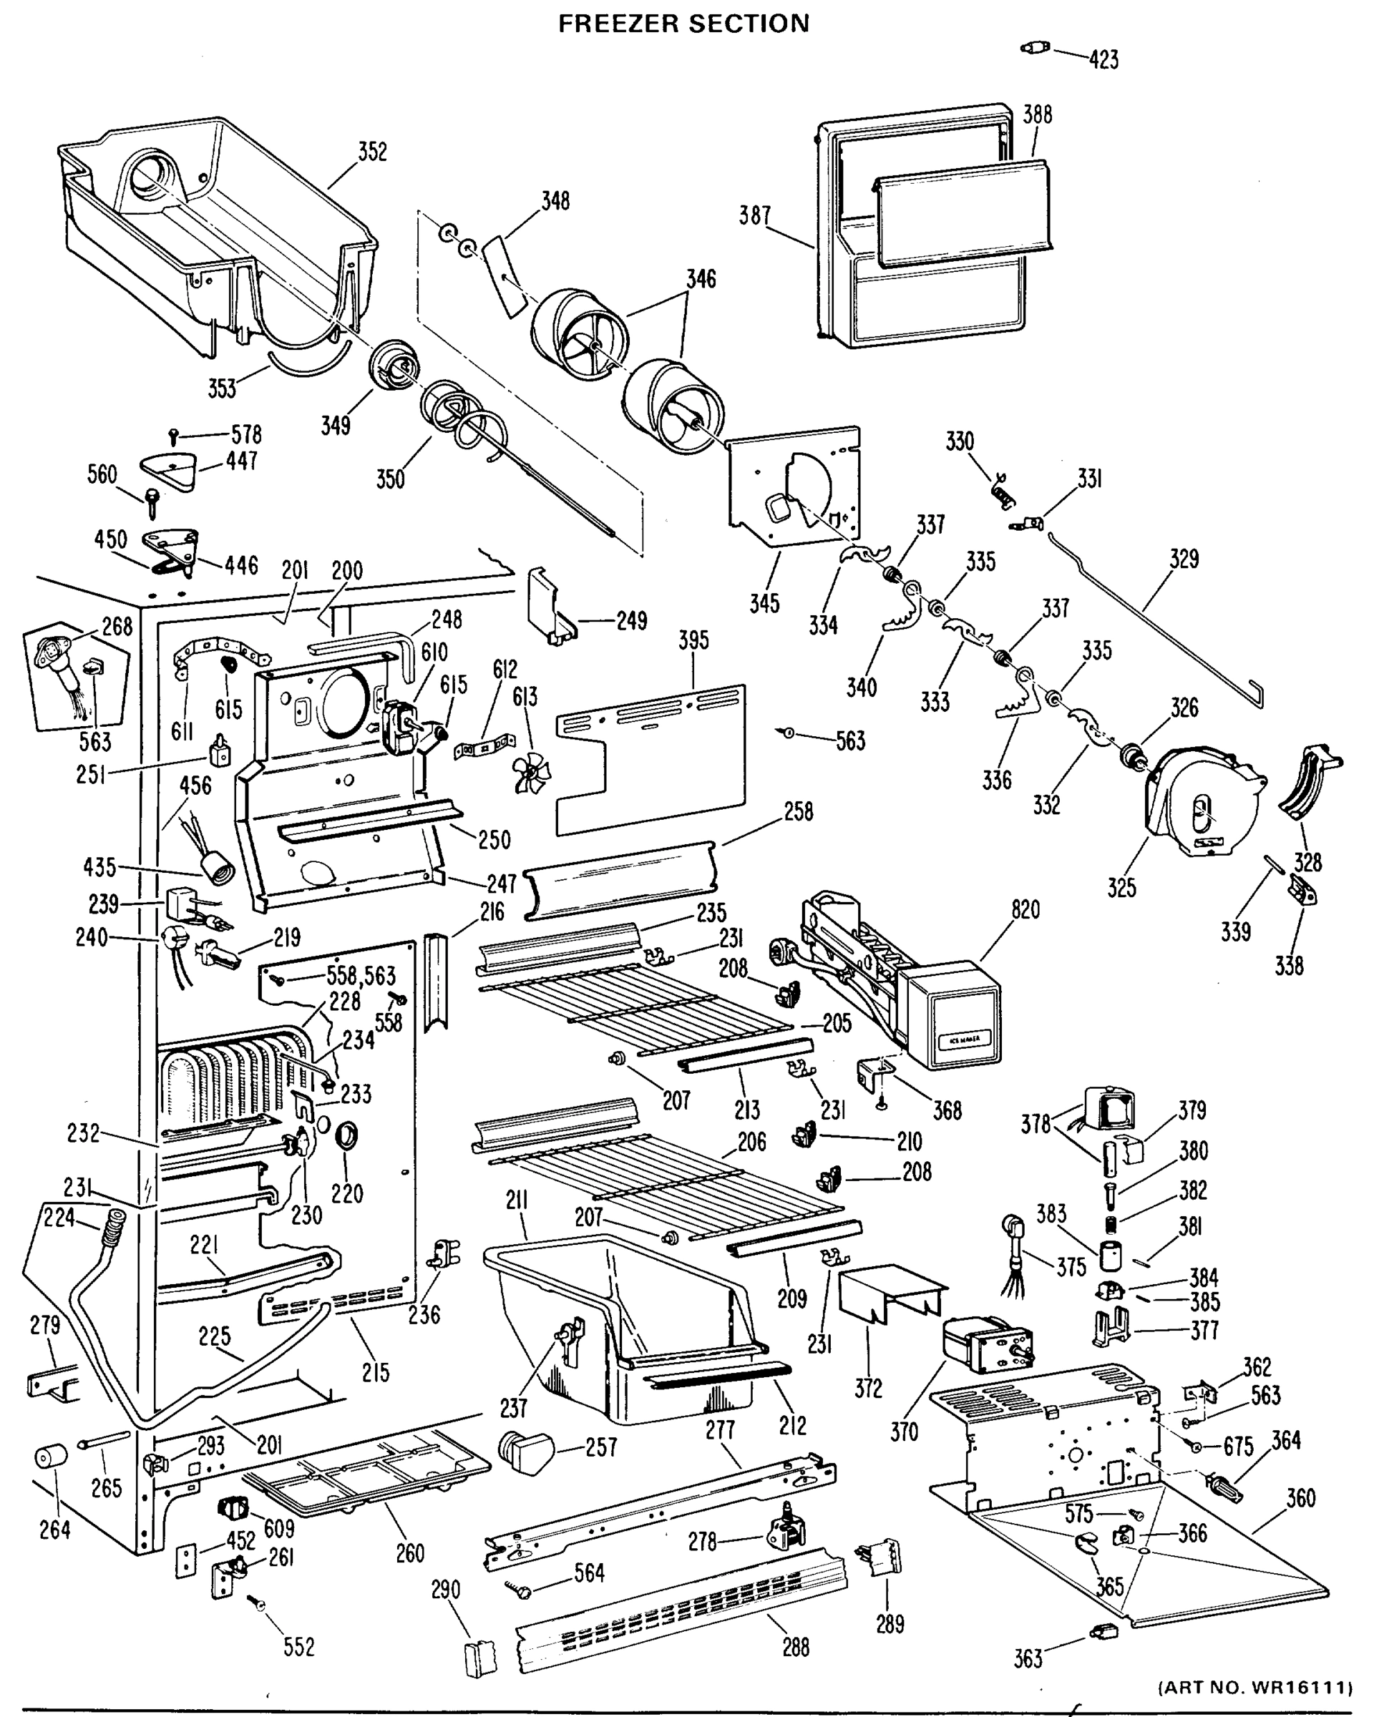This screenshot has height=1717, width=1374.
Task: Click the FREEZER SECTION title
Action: coord(683,23)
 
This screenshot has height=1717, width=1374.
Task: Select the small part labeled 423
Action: coord(1035,49)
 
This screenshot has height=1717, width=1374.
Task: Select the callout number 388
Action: coord(1037,114)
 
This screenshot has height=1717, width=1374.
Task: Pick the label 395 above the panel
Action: coord(693,640)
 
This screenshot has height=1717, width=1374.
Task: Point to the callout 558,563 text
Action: coord(361,975)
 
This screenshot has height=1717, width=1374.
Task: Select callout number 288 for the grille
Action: coord(795,1646)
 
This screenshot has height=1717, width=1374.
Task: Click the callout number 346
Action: coord(701,279)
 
